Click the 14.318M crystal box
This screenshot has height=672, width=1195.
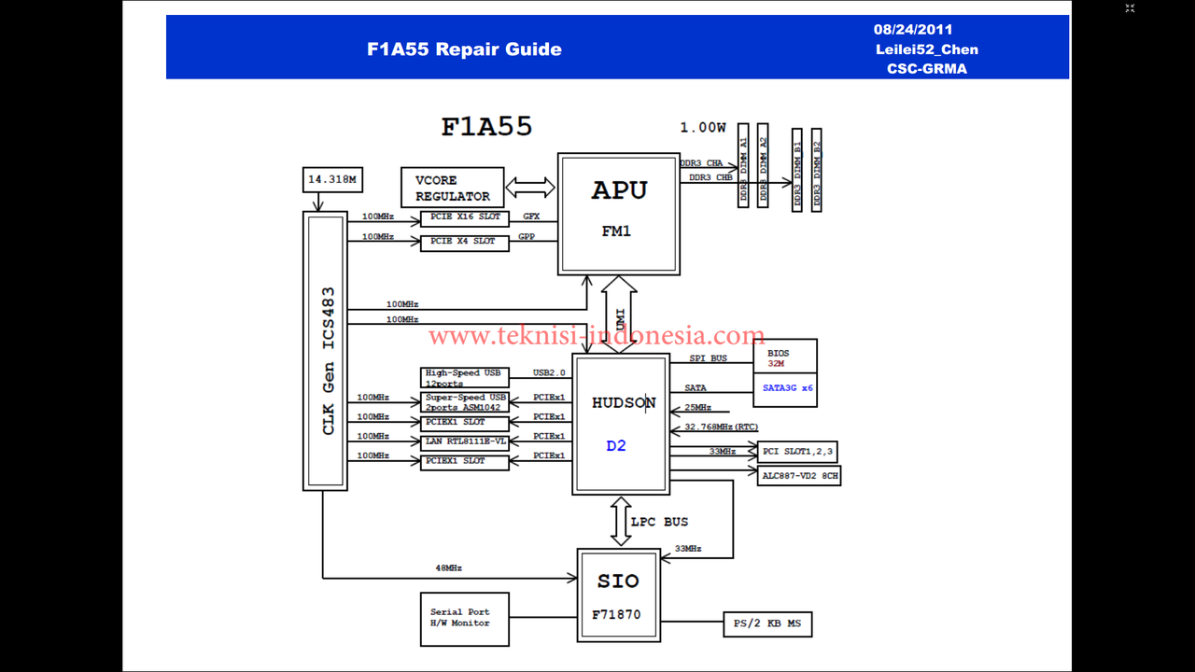point(332,179)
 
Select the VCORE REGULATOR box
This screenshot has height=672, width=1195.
point(453,189)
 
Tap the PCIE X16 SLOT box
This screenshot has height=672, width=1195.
point(465,217)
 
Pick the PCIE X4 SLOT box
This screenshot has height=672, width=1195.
point(465,242)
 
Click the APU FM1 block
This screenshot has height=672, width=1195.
point(619,214)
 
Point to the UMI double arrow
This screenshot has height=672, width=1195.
point(619,315)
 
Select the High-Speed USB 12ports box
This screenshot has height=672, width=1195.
point(465,377)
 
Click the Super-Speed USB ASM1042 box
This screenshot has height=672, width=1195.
point(465,402)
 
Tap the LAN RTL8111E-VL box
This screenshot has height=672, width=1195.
point(465,441)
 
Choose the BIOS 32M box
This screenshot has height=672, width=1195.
point(785,357)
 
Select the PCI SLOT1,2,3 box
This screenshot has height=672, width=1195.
point(797,452)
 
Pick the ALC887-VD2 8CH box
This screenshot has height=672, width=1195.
point(800,475)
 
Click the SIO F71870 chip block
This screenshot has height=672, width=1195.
point(619,595)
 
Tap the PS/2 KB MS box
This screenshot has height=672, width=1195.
point(767,623)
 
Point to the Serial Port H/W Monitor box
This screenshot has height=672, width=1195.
point(465,619)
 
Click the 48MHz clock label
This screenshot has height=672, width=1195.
point(449,567)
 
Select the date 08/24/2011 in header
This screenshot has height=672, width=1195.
point(913,30)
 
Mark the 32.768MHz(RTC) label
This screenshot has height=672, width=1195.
point(721,427)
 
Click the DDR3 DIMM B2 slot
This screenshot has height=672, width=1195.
point(817,170)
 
